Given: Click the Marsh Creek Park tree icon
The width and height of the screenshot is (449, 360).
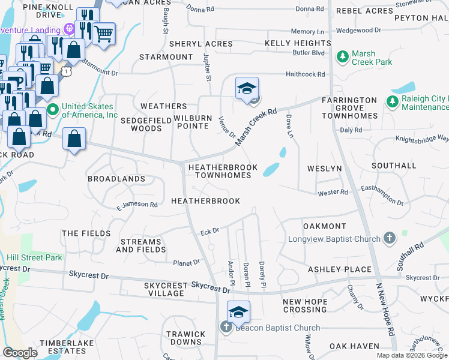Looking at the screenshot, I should [343, 57].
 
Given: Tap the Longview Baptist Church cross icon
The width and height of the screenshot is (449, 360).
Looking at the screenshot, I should [390, 239].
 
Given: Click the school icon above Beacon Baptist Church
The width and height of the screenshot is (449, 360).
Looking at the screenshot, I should [238, 312].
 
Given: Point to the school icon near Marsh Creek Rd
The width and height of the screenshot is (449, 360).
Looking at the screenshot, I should [247, 89].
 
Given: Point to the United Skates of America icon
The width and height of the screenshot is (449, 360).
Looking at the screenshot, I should [53, 109].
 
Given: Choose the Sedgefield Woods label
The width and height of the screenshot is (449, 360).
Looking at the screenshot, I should [137, 124].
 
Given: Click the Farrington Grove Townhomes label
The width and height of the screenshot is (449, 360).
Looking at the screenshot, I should [349, 107].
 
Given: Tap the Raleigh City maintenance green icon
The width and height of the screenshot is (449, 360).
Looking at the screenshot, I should [393, 101].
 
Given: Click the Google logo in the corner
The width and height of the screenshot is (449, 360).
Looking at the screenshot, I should [20, 353].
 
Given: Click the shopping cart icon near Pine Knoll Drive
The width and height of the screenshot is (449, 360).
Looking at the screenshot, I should [104, 33].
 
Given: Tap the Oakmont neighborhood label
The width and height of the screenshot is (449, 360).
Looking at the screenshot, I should [325, 226].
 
